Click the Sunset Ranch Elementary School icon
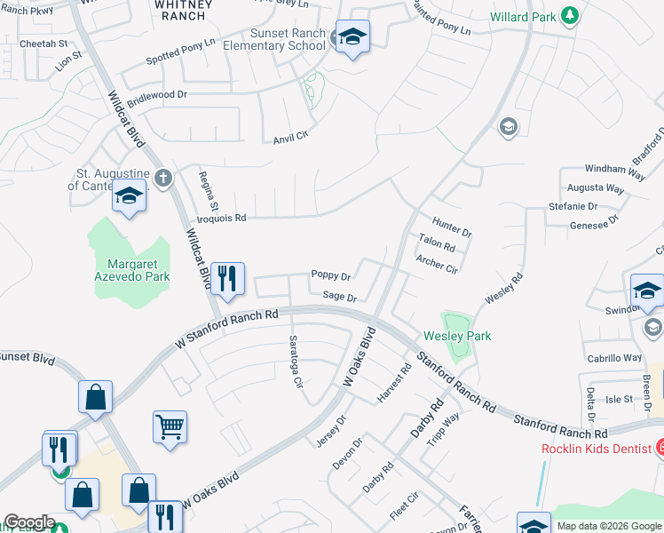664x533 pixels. pyautogui.click(x=352, y=36)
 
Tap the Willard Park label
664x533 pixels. pyautogui.click(x=525, y=16)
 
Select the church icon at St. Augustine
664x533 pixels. pyautogui.click(x=162, y=177)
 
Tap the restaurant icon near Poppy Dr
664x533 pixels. pyautogui.click(x=228, y=279)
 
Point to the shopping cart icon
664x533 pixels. pyautogui.click(x=170, y=425)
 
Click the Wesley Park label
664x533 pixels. pyautogui.click(x=457, y=337)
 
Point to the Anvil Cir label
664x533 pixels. pyautogui.click(x=289, y=136)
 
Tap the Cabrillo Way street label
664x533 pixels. pyautogui.click(x=614, y=358)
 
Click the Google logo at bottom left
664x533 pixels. pyautogui.click(x=29, y=522)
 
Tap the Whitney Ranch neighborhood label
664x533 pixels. pyautogui.click(x=183, y=10)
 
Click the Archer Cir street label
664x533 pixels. pyautogui.click(x=437, y=264)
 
